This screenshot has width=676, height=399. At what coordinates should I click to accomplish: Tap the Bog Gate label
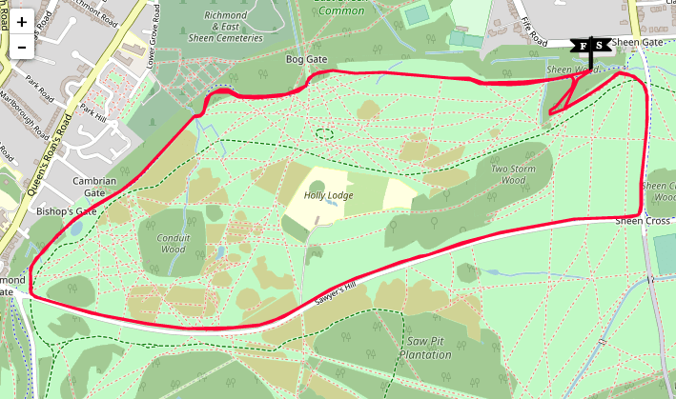(x=307, y=60)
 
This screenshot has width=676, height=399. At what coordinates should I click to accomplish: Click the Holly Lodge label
(x=328, y=195)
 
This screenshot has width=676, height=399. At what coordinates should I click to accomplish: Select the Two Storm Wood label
(x=507, y=174)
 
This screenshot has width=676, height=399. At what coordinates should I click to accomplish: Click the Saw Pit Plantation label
(x=425, y=348)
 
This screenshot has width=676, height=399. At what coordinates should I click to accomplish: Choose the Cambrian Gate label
(x=94, y=187)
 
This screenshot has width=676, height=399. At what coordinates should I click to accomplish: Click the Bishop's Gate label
(x=67, y=210)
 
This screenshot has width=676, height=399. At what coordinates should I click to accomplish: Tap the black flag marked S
(x=600, y=45)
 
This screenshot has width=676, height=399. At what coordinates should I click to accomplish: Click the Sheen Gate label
(x=636, y=43)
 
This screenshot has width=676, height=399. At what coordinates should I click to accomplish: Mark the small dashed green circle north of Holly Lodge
(x=324, y=133)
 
